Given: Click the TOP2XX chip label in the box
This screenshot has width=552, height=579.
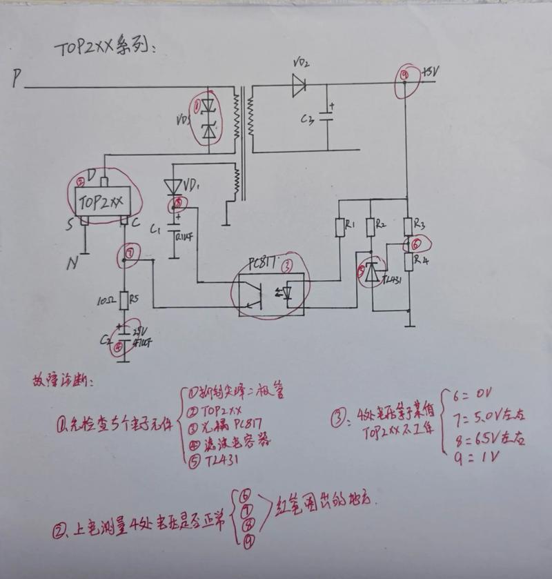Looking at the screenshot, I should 101,202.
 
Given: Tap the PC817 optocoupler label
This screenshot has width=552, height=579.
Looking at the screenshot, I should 264,263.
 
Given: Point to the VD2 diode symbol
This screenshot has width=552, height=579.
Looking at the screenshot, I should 299,85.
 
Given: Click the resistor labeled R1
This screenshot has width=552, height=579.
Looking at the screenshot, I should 339,228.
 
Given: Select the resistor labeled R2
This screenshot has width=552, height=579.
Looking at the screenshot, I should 371,228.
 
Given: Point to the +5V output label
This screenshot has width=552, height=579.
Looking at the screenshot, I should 429,72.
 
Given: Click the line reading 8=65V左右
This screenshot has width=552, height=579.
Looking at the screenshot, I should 486,437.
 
